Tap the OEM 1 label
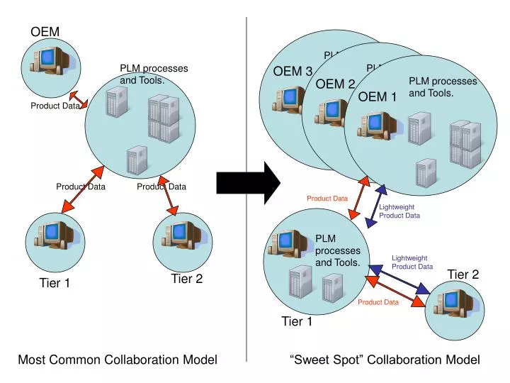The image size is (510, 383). tap(377, 97)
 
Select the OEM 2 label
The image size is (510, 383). tap(335, 84)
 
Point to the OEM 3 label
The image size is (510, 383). tap(293, 71)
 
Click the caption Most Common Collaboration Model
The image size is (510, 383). tap(117, 360)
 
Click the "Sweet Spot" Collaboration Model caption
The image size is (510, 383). tap(385, 360)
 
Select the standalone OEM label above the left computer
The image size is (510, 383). tap(45, 31)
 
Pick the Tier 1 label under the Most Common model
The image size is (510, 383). tap(55, 284)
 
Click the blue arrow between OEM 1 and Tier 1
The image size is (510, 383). tap(376, 206)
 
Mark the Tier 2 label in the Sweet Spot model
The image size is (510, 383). tap(463, 274)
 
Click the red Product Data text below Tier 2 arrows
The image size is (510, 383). tap(378, 302)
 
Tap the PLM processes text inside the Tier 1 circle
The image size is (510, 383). tap(337, 250)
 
